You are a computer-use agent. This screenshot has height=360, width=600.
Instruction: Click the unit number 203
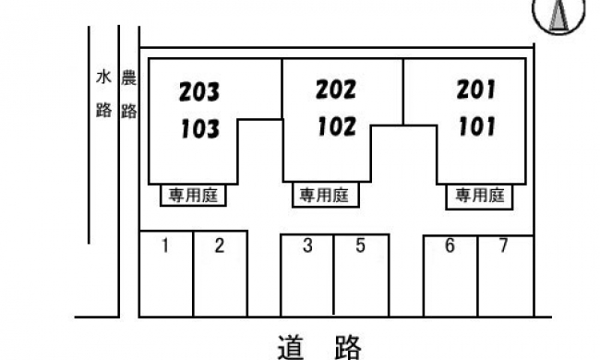(x=199, y=91)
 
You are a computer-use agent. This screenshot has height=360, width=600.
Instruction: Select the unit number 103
(x=200, y=128)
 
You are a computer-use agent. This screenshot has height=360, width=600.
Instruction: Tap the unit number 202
(x=336, y=90)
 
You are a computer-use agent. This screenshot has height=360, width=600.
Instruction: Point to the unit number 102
(x=337, y=126)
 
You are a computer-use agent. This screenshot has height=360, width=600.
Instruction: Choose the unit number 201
(x=476, y=90)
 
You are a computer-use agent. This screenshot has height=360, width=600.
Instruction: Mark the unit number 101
(x=477, y=126)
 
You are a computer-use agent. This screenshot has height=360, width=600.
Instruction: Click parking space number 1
(x=165, y=246)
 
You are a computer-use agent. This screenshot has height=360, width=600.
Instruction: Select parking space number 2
(x=220, y=246)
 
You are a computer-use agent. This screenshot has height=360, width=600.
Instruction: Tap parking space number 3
(x=307, y=246)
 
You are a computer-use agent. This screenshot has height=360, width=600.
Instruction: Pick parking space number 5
(x=360, y=246)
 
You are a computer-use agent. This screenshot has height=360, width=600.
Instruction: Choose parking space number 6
(x=450, y=246)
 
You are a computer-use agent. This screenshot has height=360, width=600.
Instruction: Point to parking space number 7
(x=503, y=246)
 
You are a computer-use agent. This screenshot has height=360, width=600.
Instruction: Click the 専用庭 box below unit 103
(x=193, y=196)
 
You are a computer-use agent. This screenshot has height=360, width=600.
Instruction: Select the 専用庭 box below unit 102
(x=325, y=196)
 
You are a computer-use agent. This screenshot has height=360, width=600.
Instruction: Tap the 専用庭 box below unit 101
(x=479, y=197)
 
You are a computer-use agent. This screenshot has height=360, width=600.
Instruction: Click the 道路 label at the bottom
(x=319, y=347)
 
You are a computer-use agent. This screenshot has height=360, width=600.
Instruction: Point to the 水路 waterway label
(x=103, y=94)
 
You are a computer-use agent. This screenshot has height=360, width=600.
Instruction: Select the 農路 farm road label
(x=129, y=94)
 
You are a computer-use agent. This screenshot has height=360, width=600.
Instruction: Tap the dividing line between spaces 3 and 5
(x=334, y=275)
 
